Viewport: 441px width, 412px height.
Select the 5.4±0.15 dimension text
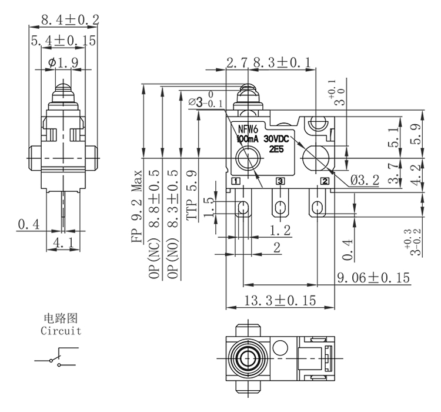[x=64, y=42]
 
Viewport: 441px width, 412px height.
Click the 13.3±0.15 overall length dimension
[x=280, y=301]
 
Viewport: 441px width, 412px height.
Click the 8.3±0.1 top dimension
[x=281, y=62]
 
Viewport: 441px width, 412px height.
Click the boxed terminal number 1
[x=236, y=181]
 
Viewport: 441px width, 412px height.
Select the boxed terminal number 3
[x=280, y=181]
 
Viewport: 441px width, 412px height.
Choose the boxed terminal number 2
[x=325, y=181]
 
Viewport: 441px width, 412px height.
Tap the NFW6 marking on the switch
[x=248, y=129]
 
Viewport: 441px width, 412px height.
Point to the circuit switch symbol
[x=58, y=358]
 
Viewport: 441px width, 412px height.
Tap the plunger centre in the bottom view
[x=245, y=357]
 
